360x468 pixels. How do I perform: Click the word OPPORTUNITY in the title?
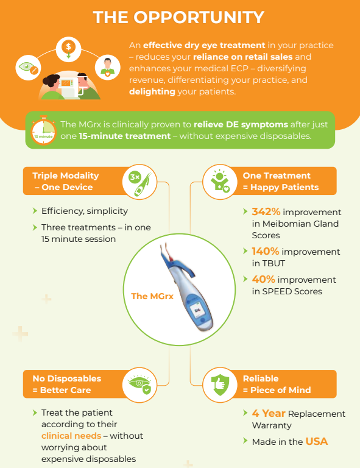199,17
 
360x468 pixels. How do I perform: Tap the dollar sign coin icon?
69,47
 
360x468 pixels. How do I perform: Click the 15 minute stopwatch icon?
43,130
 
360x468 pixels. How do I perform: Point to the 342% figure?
266,211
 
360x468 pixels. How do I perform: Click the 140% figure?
266,251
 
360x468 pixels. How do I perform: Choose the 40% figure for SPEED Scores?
263,279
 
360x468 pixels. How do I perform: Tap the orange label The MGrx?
152,296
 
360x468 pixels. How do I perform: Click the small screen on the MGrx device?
197,310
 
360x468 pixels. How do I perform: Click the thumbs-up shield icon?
220,385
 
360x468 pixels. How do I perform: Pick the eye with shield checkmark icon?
140,385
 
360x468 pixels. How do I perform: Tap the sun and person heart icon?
220,181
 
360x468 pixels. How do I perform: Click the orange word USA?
317,441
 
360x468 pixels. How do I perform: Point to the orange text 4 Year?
269,413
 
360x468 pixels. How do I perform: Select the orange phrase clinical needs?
71,436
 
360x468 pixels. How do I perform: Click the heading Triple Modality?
66,175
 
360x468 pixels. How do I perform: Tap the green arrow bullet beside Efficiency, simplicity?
35,211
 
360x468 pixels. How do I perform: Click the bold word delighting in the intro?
152,91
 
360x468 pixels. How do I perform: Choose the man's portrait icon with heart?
108,68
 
